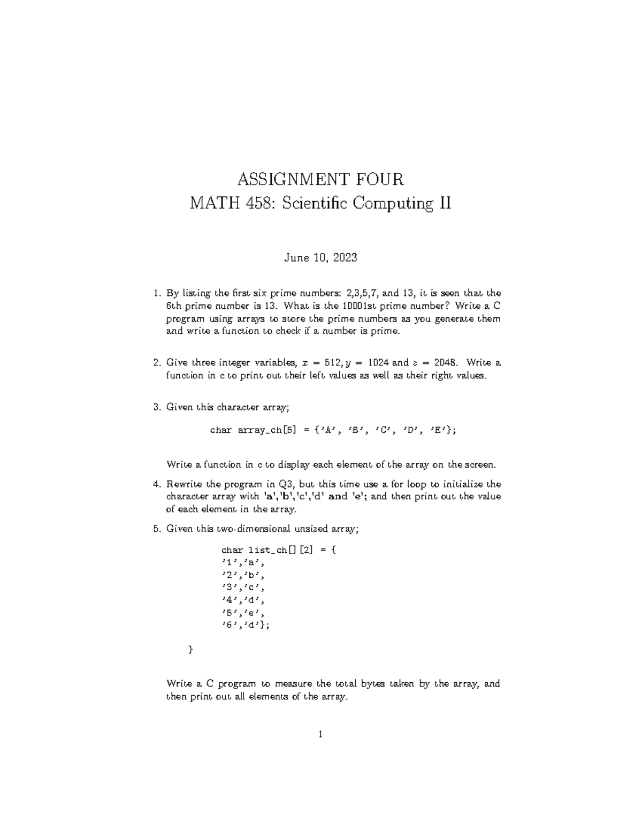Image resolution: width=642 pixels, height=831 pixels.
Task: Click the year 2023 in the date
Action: click(343, 258)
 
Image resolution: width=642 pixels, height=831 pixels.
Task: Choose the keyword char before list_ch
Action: click(232, 550)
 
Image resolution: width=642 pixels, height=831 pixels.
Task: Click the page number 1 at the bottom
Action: click(320, 735)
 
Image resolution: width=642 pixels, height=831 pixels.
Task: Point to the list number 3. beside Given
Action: click(157, 407)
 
